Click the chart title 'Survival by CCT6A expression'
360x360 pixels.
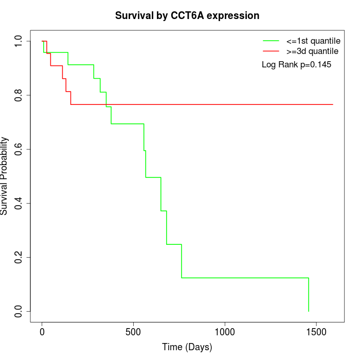187,16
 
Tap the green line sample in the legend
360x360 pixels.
271,40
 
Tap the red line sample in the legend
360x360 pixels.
271,51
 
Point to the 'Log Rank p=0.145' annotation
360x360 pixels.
296,65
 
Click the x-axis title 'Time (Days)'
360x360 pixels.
187,347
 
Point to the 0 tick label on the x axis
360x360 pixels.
42,332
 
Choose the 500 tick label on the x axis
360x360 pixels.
133,332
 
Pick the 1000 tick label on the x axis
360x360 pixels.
225,332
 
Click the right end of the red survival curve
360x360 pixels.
333,104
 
